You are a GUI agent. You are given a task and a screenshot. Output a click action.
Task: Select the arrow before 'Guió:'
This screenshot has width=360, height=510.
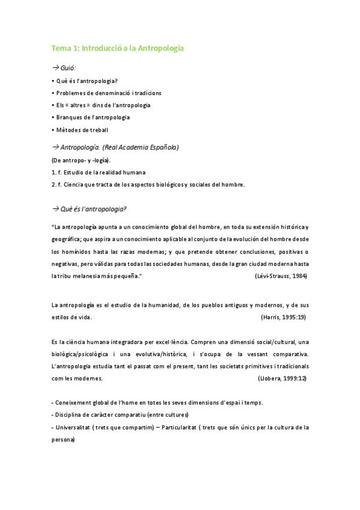pyautogui.click(x=55, y=69)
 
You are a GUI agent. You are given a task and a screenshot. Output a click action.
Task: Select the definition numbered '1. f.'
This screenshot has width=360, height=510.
pyautogui.click(x=99, y=172)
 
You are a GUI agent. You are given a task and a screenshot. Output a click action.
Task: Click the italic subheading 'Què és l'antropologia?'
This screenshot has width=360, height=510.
pyautogui.click(x=92, y=209)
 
